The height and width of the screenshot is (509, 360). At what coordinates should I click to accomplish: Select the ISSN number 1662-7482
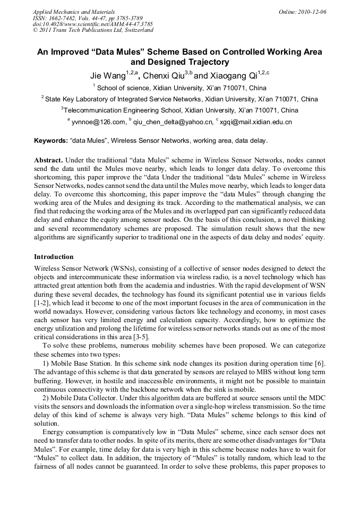[64, 18]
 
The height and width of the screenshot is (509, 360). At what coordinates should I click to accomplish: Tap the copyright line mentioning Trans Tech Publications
[93, 30]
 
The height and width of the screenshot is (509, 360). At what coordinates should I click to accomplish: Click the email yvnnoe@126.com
[99, 123]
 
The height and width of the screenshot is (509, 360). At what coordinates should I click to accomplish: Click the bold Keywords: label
[50, 141]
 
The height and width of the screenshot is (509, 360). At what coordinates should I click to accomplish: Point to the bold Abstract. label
[48, 160]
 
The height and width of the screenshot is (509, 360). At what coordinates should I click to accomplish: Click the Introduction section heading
[54, 256]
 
